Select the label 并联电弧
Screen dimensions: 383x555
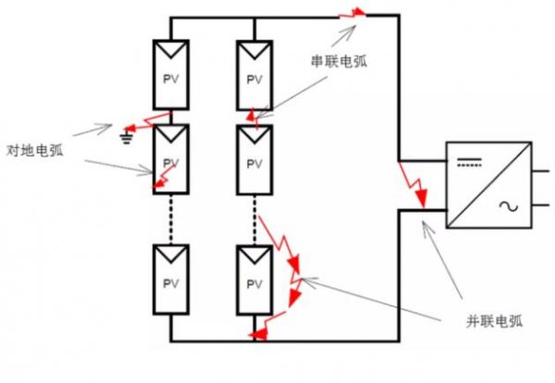point(494,321)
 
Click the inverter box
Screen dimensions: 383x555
point(488,185)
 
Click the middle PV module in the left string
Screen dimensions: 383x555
point(172,159)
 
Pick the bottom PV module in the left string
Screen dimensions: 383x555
point(172,280)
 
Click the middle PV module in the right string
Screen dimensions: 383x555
point(253,159)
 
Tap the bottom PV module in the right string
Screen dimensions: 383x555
point(253,280)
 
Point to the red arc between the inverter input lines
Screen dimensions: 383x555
point(412,185)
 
